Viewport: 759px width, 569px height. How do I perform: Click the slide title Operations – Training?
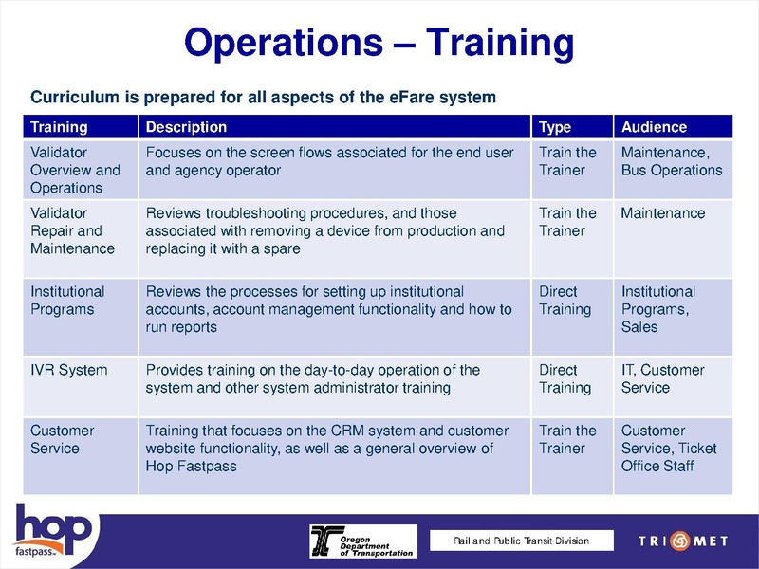coord(379,43)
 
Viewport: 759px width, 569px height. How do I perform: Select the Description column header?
coord(186,127)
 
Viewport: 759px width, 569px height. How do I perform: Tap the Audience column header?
coord(653,127)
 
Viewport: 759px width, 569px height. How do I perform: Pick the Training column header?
coord(59,127)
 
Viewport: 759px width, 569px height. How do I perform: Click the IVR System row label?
coord(69,370)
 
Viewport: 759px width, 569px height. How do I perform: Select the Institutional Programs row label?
coord(67,301)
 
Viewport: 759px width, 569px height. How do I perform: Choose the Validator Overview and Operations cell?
coord(75,170)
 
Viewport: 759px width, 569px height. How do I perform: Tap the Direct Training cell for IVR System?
coord(565,378)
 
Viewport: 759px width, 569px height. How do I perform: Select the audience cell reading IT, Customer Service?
coord(662,378)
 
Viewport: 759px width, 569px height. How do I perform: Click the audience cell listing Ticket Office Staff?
coord(669,448)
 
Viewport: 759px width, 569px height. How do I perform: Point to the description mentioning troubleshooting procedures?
coord(325,230)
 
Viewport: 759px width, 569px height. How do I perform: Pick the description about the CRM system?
coord(326,448)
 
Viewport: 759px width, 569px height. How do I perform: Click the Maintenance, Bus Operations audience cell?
coord(671,161)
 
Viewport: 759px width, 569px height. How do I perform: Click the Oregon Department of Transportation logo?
coord(361,541)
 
